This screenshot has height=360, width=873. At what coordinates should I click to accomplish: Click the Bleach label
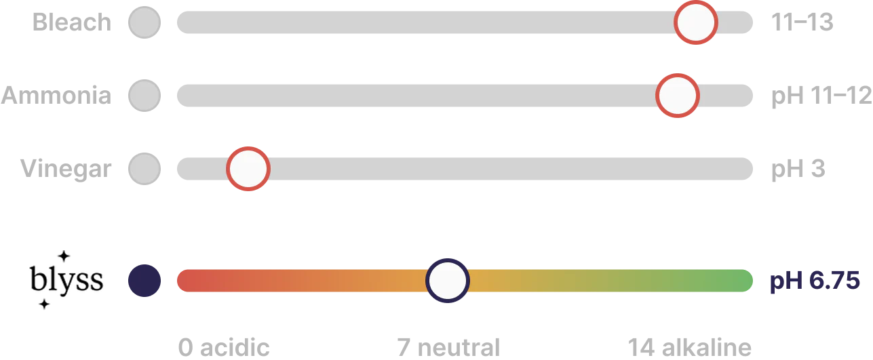(x=72, y=22)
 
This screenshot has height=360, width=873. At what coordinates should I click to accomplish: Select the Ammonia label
(x=56, y=96)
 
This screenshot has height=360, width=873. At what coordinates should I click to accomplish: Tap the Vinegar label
(x=66, y=169)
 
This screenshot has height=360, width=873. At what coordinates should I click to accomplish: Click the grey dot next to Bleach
(x=144, y=22)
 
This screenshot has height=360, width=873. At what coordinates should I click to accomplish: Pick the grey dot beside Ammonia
(x=144, y=96)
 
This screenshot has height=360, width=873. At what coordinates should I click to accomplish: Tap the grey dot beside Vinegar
(x=144, y=169)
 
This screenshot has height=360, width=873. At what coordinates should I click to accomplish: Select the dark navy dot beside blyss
(x=144, y=281)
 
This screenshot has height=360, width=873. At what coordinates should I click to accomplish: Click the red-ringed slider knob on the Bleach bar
(x=696, y=22)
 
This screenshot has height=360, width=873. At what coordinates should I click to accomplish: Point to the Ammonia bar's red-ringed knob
(x=678, y=96)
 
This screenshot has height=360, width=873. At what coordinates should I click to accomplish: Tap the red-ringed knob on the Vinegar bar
(x=248, y=169)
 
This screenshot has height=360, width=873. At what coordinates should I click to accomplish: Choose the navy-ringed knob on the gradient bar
(x=448, y=281)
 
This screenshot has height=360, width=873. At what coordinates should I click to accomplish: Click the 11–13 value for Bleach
(x=802, y=22)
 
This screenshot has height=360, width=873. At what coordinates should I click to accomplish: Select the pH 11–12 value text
(x=821, y=96)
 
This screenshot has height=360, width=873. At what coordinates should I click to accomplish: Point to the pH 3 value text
(x=798, y=169)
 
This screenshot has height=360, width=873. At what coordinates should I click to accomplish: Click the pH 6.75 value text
(x=815, y=281)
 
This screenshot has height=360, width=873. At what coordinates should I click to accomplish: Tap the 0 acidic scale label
(x=224, y=347)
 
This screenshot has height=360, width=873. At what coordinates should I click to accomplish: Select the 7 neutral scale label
(x=448, y=347)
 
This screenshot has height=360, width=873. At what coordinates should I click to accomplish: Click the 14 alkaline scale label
(x=689, y=347)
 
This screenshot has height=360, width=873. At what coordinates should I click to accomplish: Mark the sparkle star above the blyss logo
(x=64, y=256)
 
